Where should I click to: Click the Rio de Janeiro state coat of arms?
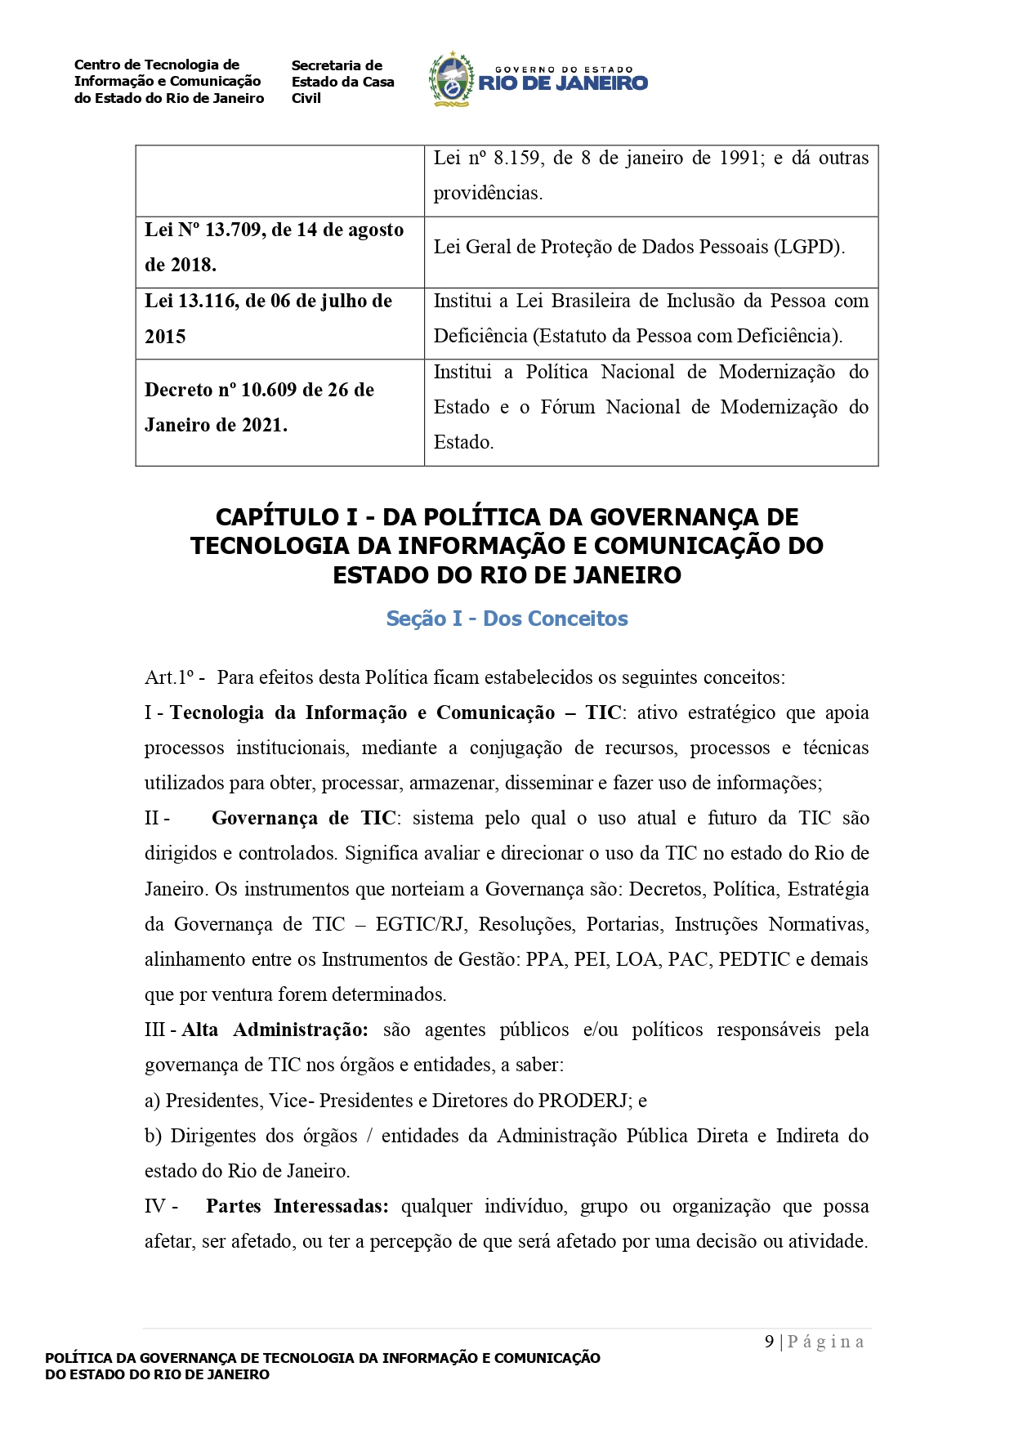[x=452, y=79]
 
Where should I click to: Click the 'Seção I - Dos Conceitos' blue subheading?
[x=507, y=619]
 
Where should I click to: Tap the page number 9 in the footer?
[x=769, y=1342]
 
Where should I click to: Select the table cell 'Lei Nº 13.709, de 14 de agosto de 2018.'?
[x=279, y=248]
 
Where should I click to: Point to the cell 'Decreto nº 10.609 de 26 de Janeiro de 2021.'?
[x=279, y=408]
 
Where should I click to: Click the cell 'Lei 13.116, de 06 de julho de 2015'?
[x=279, y=319]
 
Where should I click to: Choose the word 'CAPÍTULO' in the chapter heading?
[x=276, y=517]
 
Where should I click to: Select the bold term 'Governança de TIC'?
[x=303, y=819]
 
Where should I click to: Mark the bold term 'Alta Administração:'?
[x=275, y=1030]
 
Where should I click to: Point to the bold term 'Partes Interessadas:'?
[x=297, y=1207]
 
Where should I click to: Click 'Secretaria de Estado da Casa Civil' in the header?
[x=342, y=82]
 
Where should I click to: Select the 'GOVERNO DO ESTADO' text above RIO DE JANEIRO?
[x=564, y=70]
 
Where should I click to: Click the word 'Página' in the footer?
[x=825, y=1342]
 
